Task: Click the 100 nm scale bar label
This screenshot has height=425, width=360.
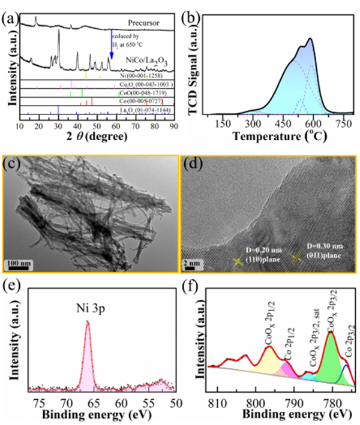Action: pyautogui.click(x=19, y=262)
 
